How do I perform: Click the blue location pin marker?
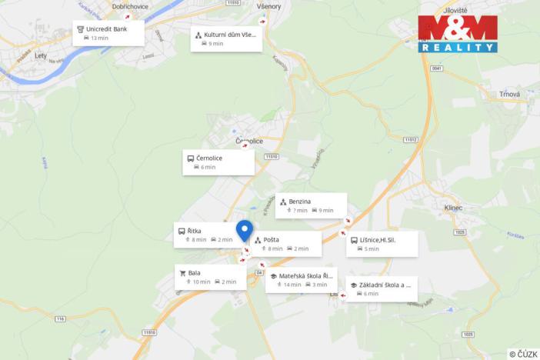(x=245, y=230)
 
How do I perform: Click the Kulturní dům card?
(x=226, y=38)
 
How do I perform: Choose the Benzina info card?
(x=311, y=205)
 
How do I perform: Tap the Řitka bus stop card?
(x=205, y=235)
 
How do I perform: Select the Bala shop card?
(x=210, y=277)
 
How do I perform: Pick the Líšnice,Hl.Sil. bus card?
(x=382, y=244)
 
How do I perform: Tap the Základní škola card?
(x=381, y=288)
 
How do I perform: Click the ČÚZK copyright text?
(x=522, y=353)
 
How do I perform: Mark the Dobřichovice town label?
(x=129, y=6)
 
